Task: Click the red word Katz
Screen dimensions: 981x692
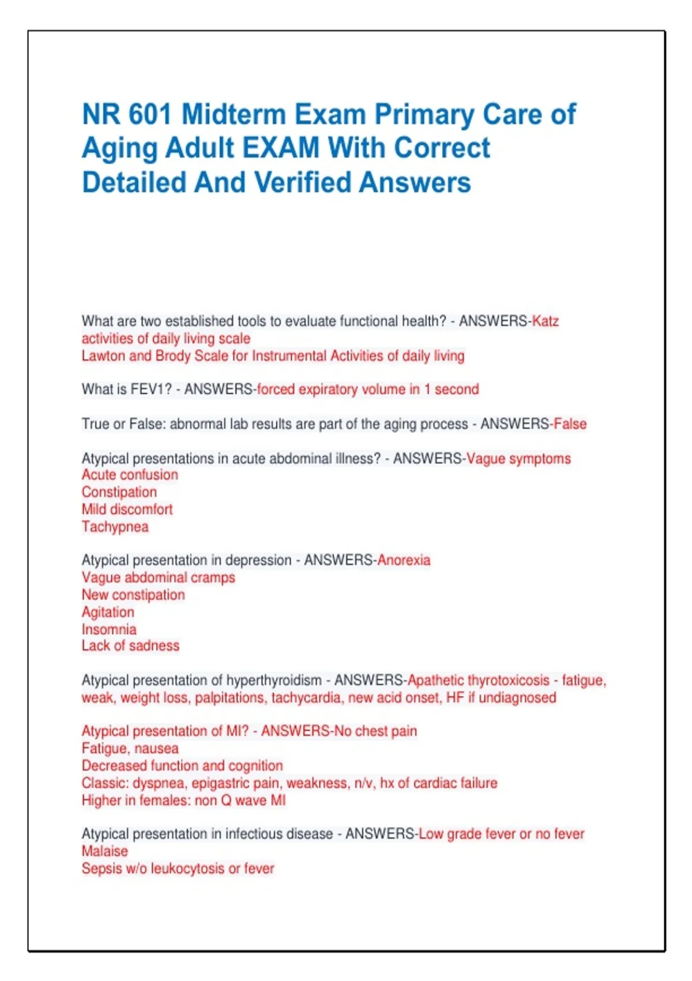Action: [x=545, y=321]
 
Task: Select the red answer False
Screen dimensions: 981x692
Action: [x=570, y=424]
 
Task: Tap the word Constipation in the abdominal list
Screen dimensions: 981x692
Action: [x=119, y=492]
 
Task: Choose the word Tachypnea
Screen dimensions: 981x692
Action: [x=115, y=527]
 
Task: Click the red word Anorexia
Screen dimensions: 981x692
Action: [x=404, y=560]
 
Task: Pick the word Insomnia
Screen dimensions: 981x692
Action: [x=109, y=630]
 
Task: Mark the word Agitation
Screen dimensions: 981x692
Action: [x=108, y=612]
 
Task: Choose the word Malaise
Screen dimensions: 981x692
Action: [x=105, y=851]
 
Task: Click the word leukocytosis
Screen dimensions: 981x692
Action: [x=187, y=868]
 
